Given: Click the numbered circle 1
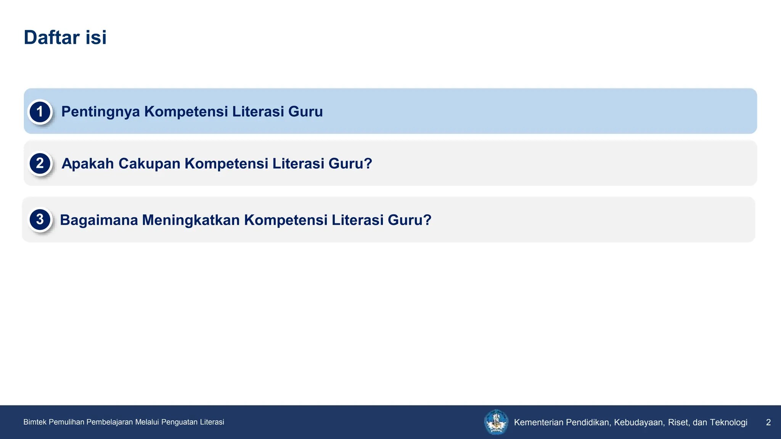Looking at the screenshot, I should pos(40,112).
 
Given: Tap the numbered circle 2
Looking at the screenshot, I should pos(40,163).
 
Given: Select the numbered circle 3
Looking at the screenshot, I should pos(40,219).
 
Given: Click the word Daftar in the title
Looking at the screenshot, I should pos(52,37).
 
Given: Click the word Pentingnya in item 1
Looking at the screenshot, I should pos(101,112).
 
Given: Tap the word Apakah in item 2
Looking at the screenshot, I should pos(88,163).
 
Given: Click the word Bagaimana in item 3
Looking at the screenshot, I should pos(99,220).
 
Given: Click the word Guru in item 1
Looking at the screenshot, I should pos(305,112).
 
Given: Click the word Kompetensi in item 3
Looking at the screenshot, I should pos(286,220).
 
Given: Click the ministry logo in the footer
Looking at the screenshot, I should pos(496,422).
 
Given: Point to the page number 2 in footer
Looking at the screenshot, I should pos(768,422).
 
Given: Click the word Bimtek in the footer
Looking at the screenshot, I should pos(35,422).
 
